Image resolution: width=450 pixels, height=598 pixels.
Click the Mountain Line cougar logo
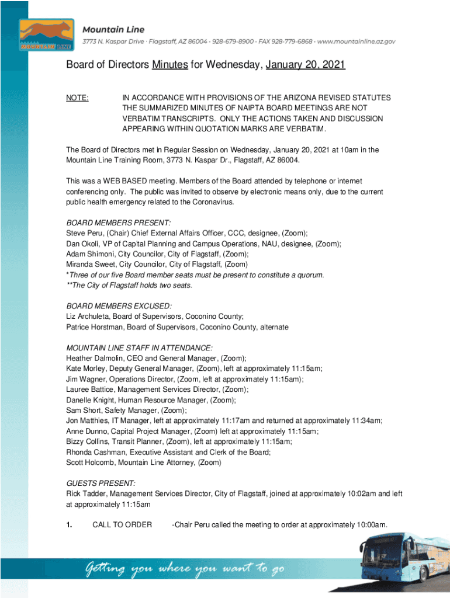pyautogui.click(x=46, y=34)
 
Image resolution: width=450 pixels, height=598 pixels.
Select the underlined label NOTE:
pyautogui.click(x=78, y=98)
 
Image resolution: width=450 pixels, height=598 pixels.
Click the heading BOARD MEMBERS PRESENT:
pyautogui.click(x=119, y=222)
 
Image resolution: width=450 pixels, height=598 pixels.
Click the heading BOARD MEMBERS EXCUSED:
pyautogui.click(x=119, y=306)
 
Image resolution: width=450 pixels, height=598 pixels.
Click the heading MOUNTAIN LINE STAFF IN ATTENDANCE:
pyautogui.click(x=139, y=347)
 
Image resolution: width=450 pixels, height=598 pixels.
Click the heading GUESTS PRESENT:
pyautogui.click(x=101, y=483)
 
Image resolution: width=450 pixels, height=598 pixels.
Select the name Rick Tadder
pyautogui.click(x=87, y=493)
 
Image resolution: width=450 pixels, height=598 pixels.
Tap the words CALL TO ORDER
pyautogui.click(x=122, y=524)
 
